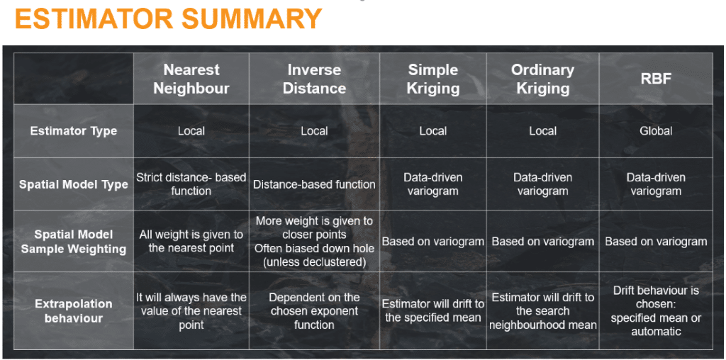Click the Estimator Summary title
(169, 18)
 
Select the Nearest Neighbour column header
(191, 79)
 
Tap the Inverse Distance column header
(314, 79)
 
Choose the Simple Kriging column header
(433, 79)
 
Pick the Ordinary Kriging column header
(542, 79)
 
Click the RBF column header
(656, 79)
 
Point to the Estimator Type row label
(74, 131)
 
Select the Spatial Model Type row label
(74, 185)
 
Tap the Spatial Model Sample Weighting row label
(74, 242)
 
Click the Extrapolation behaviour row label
(74, 311)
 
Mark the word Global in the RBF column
(656, 131)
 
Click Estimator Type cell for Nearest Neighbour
(191, 131)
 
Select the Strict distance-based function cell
(191, 184)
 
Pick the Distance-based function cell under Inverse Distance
(314, 185)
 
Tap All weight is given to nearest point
(191, 242)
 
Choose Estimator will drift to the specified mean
(433, 311)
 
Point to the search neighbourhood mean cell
(542, 311)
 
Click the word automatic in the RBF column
(656, 332)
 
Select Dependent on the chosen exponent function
(314, 311)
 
